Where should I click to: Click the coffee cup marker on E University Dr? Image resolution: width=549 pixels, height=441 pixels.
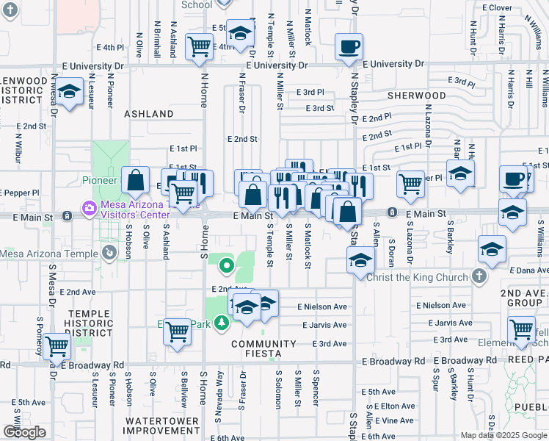(349, 47)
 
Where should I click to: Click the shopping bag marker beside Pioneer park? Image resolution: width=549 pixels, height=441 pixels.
(137, 179)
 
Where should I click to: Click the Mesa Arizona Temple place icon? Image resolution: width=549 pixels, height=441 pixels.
(109, 254)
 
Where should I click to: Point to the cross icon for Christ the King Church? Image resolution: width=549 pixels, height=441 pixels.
(479, 277)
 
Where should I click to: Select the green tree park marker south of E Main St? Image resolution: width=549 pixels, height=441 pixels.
(227, 265)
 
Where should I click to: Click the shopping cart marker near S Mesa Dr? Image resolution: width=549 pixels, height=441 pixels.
(56, 345)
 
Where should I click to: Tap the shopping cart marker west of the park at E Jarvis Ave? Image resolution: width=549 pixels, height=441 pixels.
(177, 331)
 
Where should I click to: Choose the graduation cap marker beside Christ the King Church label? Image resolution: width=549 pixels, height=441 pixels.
(360, 260)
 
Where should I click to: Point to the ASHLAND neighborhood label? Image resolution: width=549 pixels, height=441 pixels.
(149, 114)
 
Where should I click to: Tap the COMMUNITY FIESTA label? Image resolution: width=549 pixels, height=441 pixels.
(264, 348)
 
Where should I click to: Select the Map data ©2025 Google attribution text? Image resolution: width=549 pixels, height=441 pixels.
(503, 435)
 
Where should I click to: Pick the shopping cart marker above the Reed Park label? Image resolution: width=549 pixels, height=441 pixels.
(521, 329)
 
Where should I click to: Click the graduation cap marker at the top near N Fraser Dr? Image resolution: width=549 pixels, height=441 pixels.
(239, 32)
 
